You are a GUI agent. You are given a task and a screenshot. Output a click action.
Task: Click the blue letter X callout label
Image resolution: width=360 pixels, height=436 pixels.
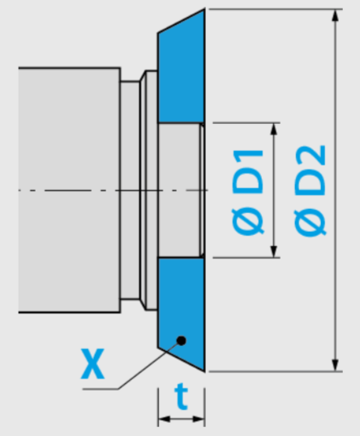coord(92,364)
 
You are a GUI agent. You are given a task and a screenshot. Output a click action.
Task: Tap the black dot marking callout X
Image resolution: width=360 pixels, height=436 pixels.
coord(182,340)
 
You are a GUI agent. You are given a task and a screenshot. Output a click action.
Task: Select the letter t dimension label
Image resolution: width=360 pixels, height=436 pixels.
coord(182,397)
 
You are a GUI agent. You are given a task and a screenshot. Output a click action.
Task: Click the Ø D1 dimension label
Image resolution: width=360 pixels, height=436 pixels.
coord(247,192)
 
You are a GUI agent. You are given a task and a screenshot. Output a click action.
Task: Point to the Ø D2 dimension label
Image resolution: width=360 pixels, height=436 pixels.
coord(310,190)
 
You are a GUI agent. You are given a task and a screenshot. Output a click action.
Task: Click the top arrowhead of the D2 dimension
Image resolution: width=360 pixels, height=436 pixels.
coord(336,16)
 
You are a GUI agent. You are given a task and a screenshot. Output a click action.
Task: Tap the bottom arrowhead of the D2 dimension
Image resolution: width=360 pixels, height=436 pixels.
coord(336,364)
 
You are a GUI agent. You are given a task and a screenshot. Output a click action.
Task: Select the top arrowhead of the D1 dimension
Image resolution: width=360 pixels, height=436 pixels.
coord(274,129)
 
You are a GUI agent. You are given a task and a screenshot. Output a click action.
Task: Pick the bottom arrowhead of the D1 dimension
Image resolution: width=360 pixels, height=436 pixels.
coord(274,251)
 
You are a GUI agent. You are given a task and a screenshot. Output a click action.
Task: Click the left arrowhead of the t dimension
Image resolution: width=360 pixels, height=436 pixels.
coord(165,419)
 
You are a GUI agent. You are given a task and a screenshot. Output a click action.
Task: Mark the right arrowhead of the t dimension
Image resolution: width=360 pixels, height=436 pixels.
coord(199,419)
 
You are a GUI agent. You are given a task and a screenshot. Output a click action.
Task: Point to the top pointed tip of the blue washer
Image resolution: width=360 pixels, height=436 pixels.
coord(205,9)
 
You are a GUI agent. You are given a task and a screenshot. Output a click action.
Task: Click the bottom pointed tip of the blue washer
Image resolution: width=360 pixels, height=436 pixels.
coord(205,371)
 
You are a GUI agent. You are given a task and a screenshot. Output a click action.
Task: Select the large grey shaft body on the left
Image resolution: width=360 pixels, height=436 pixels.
coord(70,190)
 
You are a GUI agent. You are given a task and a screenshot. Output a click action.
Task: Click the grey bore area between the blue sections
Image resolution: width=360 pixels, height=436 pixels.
coord(180,190)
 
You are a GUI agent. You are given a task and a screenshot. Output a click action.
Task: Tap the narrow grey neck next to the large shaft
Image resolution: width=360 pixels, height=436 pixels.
coord(130,190)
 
